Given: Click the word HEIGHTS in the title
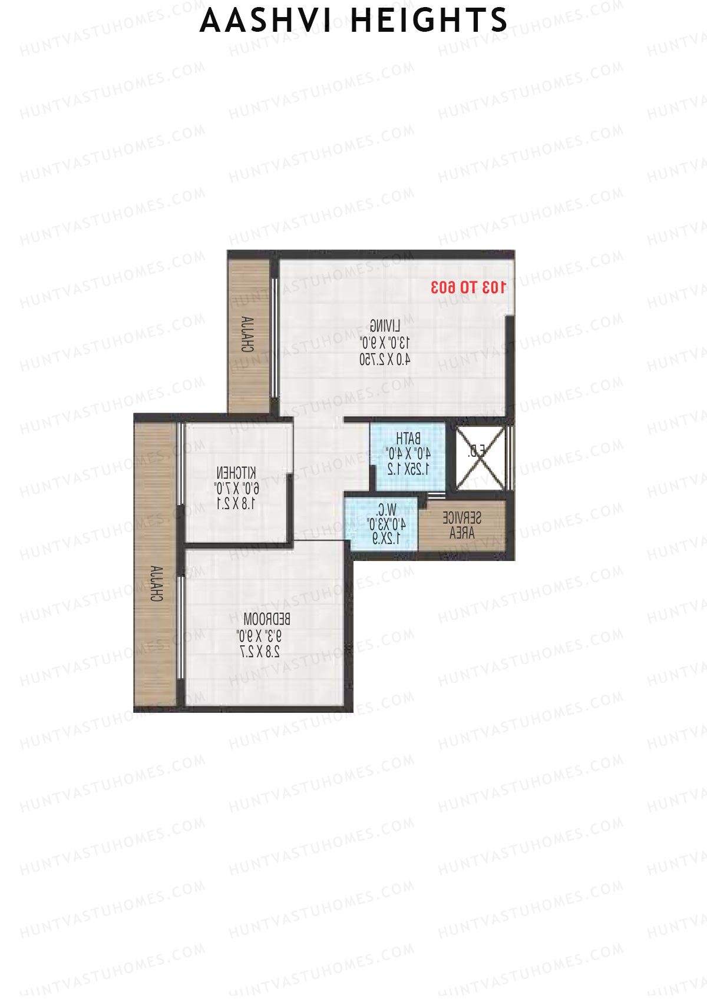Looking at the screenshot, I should (429, 21).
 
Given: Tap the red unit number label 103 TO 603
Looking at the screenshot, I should (468, 287).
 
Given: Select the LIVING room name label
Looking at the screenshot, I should (385, 326).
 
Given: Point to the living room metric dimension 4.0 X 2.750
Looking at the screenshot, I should (385, 359).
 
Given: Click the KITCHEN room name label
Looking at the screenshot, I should (236, 473).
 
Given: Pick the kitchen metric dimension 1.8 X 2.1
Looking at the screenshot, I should (236, 504).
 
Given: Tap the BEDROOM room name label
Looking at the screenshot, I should (266, 619).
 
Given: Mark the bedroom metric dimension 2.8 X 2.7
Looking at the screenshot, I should (260, 652).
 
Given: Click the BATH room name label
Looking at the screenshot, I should (408, 439).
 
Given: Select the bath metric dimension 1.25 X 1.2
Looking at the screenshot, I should (408, 469).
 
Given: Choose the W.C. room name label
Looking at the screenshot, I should (386, 510).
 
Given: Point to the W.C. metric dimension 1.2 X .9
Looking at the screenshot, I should (386, 539).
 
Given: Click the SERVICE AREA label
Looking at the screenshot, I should (462, 526).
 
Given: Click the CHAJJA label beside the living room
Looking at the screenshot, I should (247, 334).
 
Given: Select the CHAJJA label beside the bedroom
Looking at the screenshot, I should (156, 583).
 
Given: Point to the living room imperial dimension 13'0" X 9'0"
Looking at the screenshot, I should (385, 343).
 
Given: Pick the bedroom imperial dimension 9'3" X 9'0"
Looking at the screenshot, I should (259, 636).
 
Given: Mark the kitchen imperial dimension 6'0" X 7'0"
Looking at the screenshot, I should (236, 489).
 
